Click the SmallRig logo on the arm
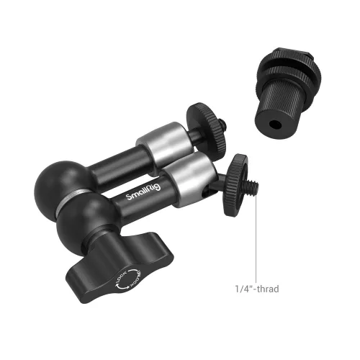(140, 197)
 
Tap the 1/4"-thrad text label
(255, 289)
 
